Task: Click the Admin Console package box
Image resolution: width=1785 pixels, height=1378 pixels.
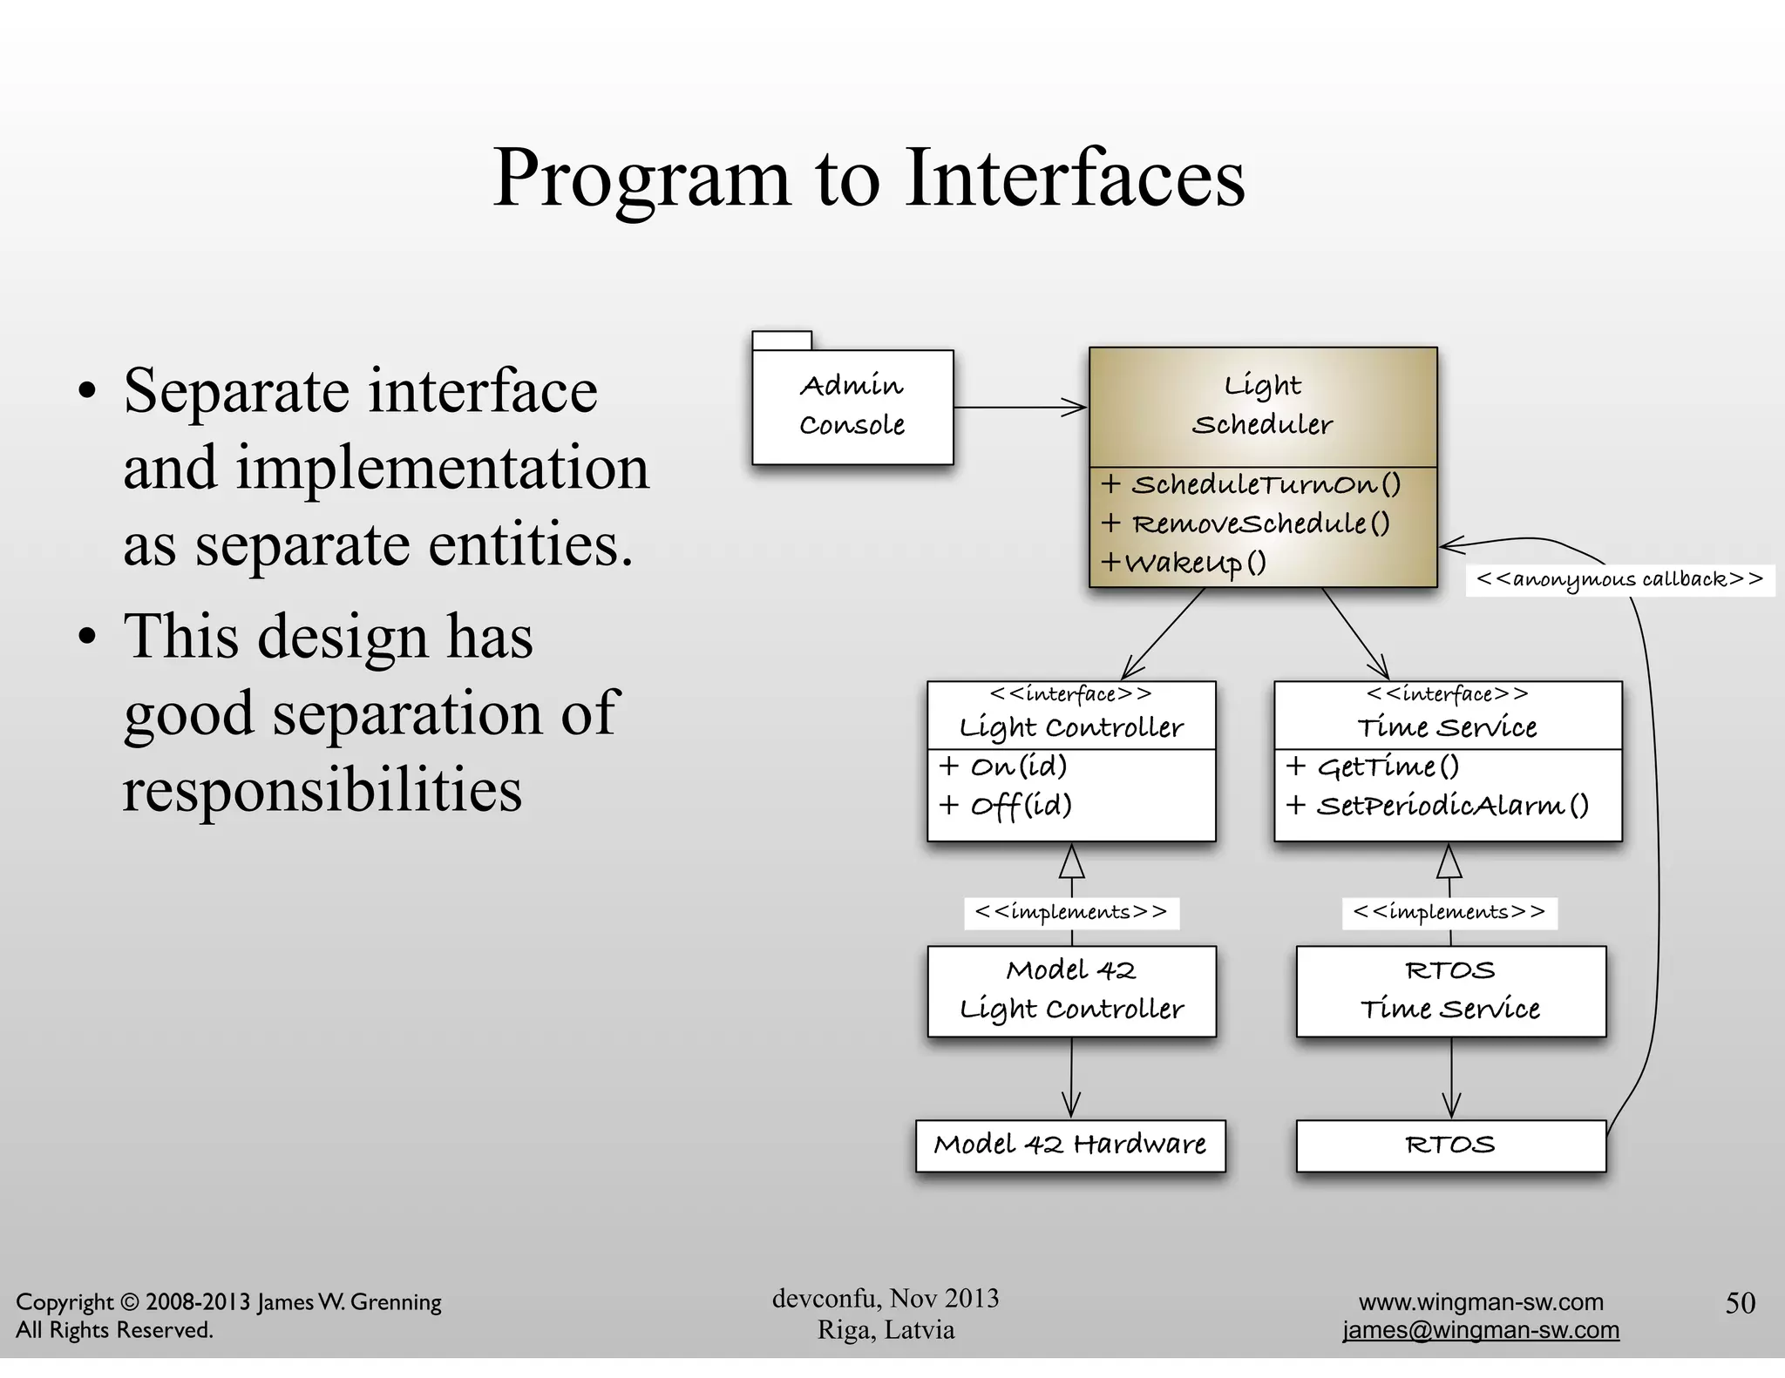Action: tap(852, 406)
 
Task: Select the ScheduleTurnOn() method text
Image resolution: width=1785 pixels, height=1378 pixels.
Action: tap(1251, 485)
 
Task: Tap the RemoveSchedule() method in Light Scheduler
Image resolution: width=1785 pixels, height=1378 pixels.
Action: tap(1246, 524)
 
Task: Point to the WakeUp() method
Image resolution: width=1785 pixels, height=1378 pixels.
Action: tap(1184, 563)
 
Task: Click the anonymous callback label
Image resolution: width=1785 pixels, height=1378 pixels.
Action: tap(1620, 579)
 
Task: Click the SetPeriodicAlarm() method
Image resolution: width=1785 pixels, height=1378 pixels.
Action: tap(1437, 806)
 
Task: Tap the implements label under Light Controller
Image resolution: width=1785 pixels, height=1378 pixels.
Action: tap(1071, 912)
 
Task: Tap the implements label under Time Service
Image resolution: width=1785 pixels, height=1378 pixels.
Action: tap(1449, 912)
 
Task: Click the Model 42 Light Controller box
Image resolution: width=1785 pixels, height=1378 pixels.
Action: tap(1071, 990)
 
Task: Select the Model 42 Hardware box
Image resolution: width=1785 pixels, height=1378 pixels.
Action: tap(1070, 1145)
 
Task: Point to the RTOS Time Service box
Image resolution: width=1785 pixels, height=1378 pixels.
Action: tap(1450, 990)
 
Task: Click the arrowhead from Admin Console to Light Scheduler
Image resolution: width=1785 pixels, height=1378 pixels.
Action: tap(1076, 407)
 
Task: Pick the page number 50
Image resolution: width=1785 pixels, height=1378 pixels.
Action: tap(1740, 1302)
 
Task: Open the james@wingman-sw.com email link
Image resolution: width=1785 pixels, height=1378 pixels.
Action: tap(1481, 1330)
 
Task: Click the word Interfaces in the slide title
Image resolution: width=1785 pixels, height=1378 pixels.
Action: tap(1076, 178)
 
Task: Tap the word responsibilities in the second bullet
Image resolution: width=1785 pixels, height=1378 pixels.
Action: tap(322, 790)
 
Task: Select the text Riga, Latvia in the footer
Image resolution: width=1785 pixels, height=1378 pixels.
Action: tap(886, 1330)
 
